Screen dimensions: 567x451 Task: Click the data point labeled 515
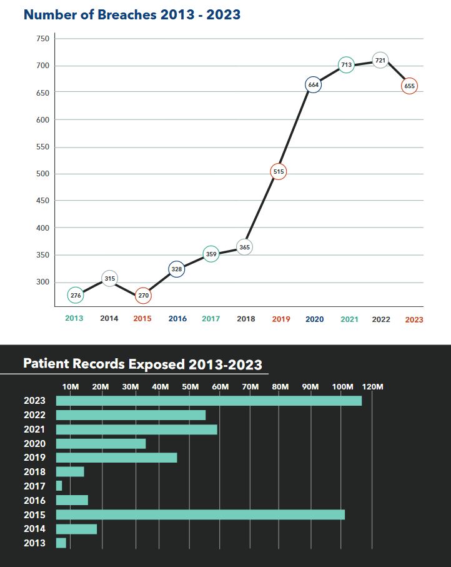tap(279, 171)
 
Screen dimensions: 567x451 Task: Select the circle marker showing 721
tap(380, 60)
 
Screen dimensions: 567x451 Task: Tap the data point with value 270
tap(143, 295)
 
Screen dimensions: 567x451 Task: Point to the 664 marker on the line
tap(314, 85)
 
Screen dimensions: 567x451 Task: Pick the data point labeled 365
tap(245, 247)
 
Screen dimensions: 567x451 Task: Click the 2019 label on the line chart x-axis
tap(281, 319)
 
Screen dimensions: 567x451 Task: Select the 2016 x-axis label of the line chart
tap(177, 319)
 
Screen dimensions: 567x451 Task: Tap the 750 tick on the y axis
tap(43, 39)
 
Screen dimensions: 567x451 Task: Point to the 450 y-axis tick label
tap(43, 201)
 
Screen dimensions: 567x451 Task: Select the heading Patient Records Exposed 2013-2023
tap(142, 364)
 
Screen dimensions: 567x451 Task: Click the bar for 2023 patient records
tap(209, 401)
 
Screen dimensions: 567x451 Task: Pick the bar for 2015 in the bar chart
tap(200, 514)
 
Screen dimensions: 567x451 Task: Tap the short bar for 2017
tap(59, 486)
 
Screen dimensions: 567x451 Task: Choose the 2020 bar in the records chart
tap(101, 443)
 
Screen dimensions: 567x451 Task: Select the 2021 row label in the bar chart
tap(34, 429)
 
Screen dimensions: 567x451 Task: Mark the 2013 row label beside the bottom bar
tap(34, 543)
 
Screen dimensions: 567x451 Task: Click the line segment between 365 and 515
tap(262, 209)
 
